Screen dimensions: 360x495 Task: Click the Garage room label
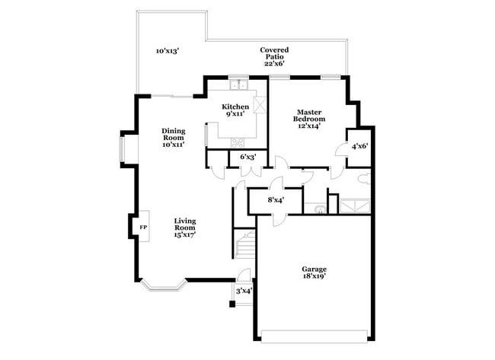pos(314,273)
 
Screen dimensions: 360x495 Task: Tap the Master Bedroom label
pos(310,119)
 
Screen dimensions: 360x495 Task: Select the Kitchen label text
pos(235,110)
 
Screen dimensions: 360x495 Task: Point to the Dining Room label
pos(173,137)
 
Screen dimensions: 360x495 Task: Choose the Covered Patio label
pos(274,56)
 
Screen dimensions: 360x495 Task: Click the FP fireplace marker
pos(142,227)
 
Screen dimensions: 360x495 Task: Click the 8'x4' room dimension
pos(276,200)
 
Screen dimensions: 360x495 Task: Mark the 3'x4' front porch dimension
pos(243,291)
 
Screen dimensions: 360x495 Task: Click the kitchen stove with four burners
pos(238,142)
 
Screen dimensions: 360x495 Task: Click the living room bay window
pos(164,286)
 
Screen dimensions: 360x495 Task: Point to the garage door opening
pos(315,336)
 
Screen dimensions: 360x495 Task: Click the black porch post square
pos(232,305)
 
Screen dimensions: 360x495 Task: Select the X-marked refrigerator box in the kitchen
pos(260,105)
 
